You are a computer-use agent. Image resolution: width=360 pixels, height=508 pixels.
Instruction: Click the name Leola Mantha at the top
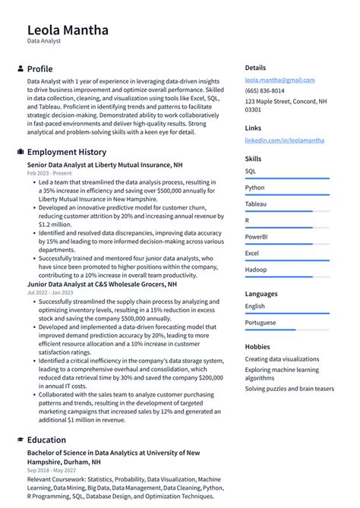(x=68, y=30)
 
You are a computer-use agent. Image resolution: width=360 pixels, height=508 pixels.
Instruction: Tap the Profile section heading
(x=39, y=68)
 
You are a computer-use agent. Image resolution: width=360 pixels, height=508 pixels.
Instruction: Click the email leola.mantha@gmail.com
(x=279, y=80)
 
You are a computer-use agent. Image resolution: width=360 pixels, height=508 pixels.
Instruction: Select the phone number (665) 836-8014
(x=264, y=90)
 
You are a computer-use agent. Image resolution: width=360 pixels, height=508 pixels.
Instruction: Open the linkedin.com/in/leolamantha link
(x=284, y=140)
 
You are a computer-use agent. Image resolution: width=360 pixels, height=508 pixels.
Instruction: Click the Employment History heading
(x=67, y=152)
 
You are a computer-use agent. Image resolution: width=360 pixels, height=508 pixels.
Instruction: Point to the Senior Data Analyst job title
(x=105, y=165)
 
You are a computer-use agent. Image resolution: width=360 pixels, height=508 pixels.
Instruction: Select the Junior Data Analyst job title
(x=102, y=284)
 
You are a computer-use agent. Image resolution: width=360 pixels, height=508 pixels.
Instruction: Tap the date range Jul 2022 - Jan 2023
(x=50, y=293)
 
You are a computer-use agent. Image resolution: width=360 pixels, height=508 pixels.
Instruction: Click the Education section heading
(x=46, y=440)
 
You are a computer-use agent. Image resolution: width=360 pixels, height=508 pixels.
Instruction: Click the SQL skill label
(x=251, y=172)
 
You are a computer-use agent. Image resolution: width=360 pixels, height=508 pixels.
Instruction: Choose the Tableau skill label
(x=255, y=204)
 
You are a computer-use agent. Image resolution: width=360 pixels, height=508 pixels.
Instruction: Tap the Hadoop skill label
(x=255, y=270)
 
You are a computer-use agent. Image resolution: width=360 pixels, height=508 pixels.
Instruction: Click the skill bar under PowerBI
(x=286, y=244)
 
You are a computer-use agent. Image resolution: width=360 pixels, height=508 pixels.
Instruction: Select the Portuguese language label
(x=260, y=323)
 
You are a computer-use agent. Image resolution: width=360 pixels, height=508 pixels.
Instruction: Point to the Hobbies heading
(x=257, y=346)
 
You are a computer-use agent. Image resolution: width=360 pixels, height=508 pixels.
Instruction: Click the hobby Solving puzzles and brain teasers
(x=289, y=389)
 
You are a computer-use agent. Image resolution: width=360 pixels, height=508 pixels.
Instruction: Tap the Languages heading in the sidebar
(x=261, y=293)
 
